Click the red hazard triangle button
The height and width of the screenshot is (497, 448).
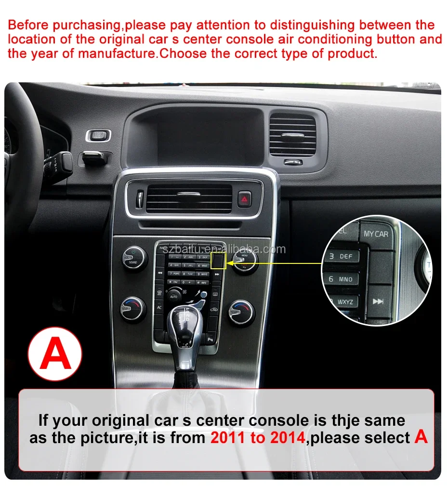click(x=244, y=198)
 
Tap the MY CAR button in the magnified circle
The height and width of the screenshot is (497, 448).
click(x=376, y=234)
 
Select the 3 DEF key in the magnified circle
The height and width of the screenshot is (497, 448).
click(x=341, y=256)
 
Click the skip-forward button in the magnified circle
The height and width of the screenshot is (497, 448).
click(x=379, y=301)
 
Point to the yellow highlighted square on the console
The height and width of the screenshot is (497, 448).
click(x=218, y=261)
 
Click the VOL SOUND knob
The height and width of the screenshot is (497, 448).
click(x=133, y=259)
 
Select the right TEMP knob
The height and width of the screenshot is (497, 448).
click(x=241, y=312)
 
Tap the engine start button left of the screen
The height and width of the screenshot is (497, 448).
click(x=98, y=135)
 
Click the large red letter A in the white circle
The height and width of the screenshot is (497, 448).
click(x=55, y=354)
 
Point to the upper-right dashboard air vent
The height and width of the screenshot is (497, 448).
click(x=293, y=135)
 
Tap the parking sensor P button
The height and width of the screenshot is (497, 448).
click(x=211, y=340)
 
